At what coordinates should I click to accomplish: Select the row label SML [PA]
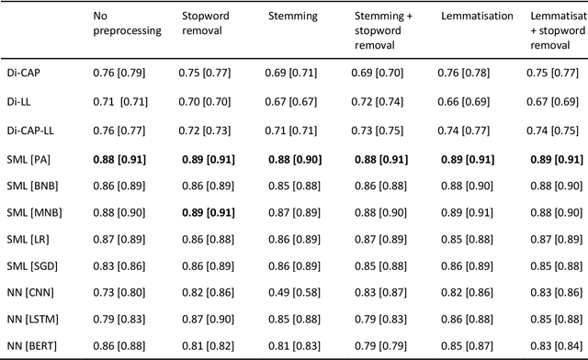point(29,159)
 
